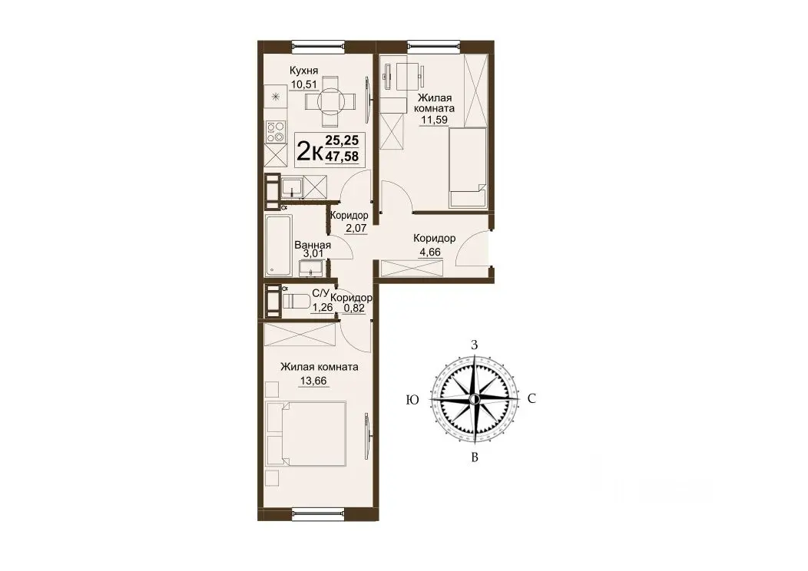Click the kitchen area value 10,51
click(303, 84)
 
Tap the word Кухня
click(303, 71)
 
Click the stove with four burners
click(277, 132)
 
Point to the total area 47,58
click(342, 156)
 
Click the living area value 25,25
click(342, 140)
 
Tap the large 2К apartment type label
click(311, 151)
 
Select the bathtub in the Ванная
click(278, 245)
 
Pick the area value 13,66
click(313, 381)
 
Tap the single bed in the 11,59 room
click(468, 168)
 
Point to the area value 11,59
click(434, 120)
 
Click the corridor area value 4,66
click(429, 252)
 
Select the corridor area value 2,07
click(356, 228)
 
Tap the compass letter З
click(475, 345)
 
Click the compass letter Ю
click(412, 400)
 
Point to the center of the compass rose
click(475, 400)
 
